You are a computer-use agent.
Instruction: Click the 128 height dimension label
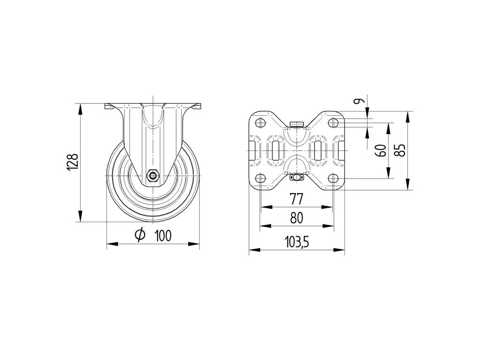tap(73, 162)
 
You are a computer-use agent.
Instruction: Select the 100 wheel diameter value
tap(163, 235)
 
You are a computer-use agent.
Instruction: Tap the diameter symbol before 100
tap(140, 235)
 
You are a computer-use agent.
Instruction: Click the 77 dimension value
tap(296, 199)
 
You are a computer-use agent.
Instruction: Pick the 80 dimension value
tap(296, 218)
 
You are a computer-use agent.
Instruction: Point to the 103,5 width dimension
tap(297, 242)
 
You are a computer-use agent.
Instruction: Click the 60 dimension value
tap(381, 150)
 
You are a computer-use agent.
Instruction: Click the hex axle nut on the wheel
tap(152, 176)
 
